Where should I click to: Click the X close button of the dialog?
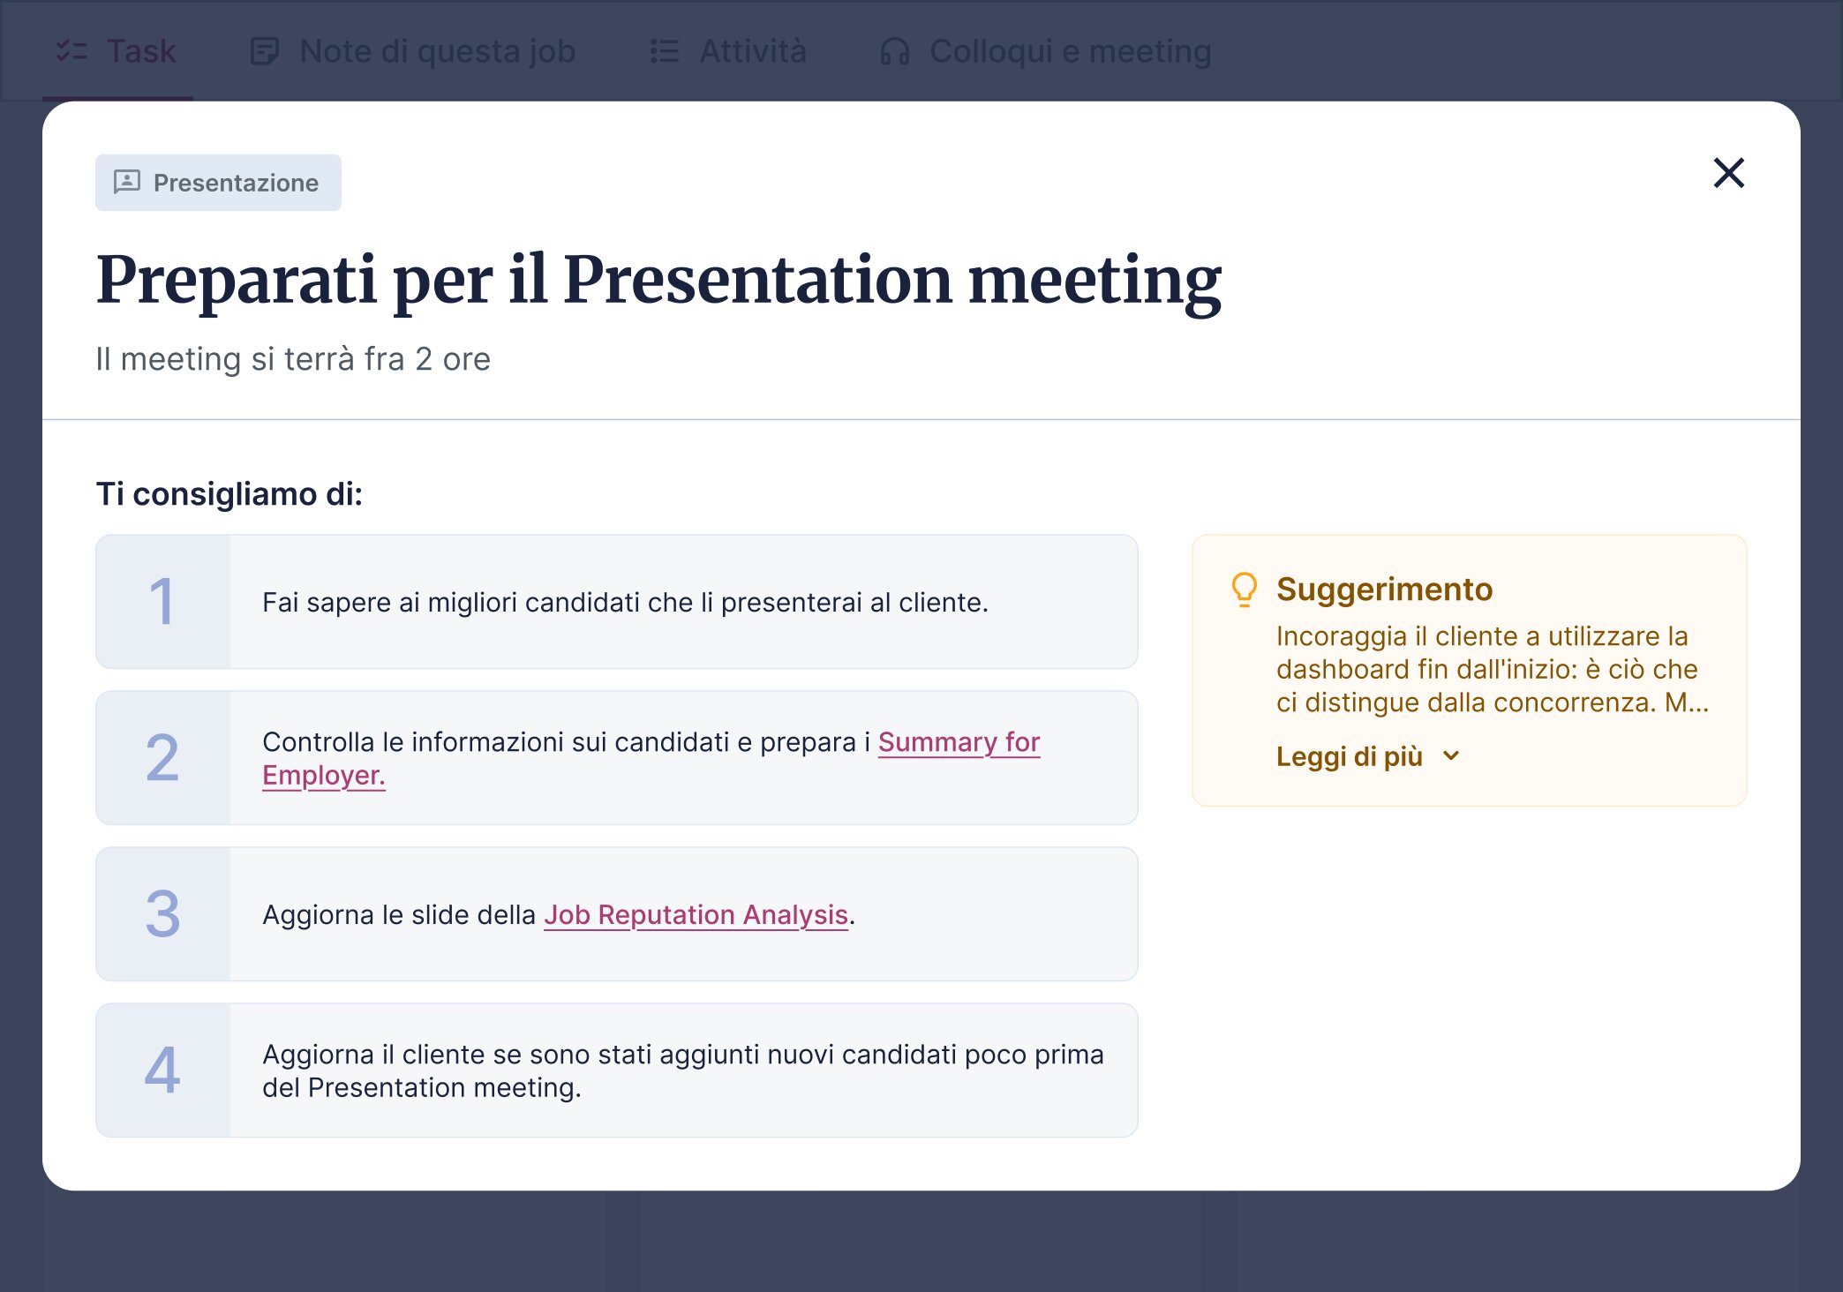pyautogui.click(x=1728, y=173)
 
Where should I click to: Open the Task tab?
pyautogui.click(x=117, y=51)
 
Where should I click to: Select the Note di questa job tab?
pyautogui.click(x=413, y=51)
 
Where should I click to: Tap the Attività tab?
pyautogui.click(x=728, y=51)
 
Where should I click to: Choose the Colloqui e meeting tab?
pyautogui.click(x=1046, y=51)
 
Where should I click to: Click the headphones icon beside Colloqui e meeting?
pyautogui.click(x=894, y=51)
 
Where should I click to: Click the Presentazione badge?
pyautogui.click(x=218, y=183)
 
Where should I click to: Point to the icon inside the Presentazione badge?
pyautogui.click(x=127, y=182)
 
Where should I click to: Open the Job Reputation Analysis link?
pyautogui.click(x=696, y=915)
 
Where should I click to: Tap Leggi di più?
pyautogui.click(x=1350, y=756)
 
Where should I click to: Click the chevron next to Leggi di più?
pyautogui.click(x=1451, y=756)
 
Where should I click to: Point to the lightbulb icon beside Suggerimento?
pyautogui.click(x=1244, y=590)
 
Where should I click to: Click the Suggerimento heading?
pyautogui.click(x=1384, y=589)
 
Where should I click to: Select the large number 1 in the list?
pyautogui.click(x=162, y=602)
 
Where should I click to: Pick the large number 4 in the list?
pyautogui.click(x=162, y=1070)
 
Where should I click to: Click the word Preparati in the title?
pyautogui.click(x=237, y=281)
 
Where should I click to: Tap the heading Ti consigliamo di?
pyautogui.click(x=229, y=494)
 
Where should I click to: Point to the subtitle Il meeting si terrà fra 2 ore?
pyautogui.click(x=293, y=359)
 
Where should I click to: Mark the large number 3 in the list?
pyautogui.click(x=162, y=914)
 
